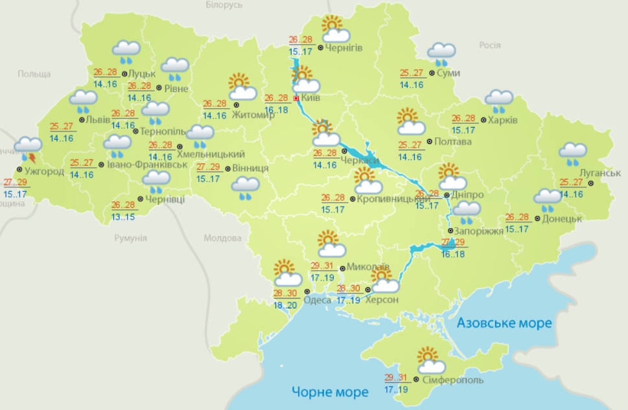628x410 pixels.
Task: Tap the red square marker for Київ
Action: [297, 98]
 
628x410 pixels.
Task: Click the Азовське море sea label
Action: [504, 323]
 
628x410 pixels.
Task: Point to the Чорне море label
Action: [330, 392]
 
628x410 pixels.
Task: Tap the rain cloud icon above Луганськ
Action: [574, 154]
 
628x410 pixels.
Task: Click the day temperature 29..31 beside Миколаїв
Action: [322, 266]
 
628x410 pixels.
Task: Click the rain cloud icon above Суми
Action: [441, 53]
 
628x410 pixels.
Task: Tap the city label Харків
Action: [504, 120]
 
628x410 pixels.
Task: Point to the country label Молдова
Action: [222, 238]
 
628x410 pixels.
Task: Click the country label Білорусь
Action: [224, 5]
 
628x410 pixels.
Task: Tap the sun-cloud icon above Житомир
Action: [238, 86]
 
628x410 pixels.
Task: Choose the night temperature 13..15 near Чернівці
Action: [123, 216]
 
